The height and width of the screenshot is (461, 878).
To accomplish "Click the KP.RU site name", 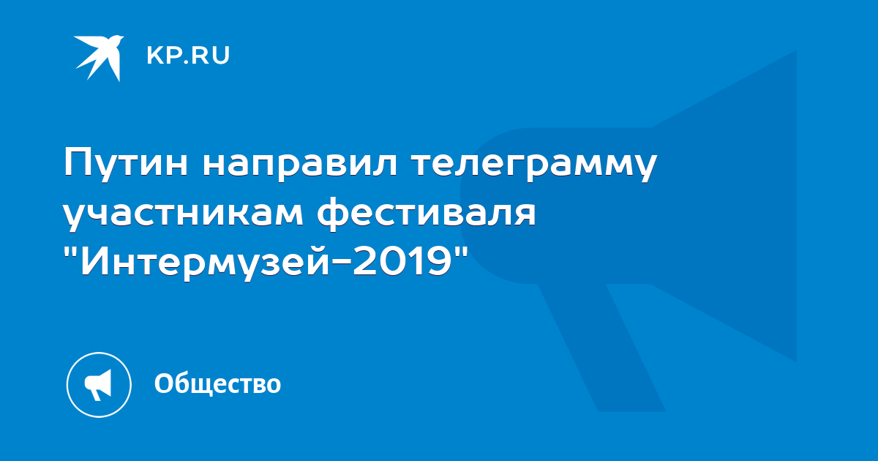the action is click(188, 56).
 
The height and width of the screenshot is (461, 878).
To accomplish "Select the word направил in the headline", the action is click(300, 165).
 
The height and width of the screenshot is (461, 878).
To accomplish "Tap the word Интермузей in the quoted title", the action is click(205, 261).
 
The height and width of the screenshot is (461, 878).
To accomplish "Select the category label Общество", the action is click(217, 383).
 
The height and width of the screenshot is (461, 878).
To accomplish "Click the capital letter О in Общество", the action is click(164, 383).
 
